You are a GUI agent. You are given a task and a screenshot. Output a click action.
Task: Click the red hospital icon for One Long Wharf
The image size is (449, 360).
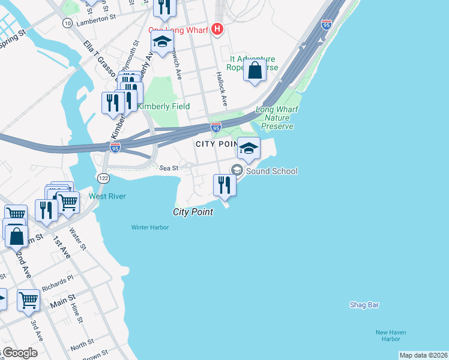coord(218,28)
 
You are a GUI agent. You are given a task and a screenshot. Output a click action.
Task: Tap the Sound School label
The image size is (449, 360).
coord(271,172)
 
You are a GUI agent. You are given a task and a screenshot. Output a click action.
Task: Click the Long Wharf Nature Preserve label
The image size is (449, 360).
coord(277,118)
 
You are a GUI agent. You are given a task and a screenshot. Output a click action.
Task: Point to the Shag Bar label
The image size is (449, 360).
coord(364,305)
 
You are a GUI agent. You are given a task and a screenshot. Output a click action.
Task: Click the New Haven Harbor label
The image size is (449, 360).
coord(388,335)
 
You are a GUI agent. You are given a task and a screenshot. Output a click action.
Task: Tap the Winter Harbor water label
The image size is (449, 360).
coord(150,227)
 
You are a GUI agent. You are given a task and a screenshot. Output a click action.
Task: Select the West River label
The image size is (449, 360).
coord(107,196)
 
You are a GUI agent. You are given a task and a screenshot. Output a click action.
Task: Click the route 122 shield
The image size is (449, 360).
coord(103,178)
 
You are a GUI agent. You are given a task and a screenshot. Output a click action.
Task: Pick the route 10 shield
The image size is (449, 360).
coord(67,23)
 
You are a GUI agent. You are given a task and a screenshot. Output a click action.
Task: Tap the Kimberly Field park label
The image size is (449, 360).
coord(163,106)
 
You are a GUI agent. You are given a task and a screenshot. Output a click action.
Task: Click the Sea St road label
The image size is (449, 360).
coord(167,168)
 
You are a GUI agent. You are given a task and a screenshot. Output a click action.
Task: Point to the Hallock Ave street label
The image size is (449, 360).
coord(221,90)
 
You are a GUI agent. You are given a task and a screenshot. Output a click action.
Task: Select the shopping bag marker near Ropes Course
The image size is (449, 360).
coord(255,70)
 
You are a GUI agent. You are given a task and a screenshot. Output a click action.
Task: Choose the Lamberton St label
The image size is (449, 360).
coord(96,19)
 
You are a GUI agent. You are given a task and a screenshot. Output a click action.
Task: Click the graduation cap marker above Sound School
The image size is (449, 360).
coord(249,148)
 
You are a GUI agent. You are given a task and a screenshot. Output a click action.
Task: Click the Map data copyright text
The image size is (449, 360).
coord(423,355)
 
